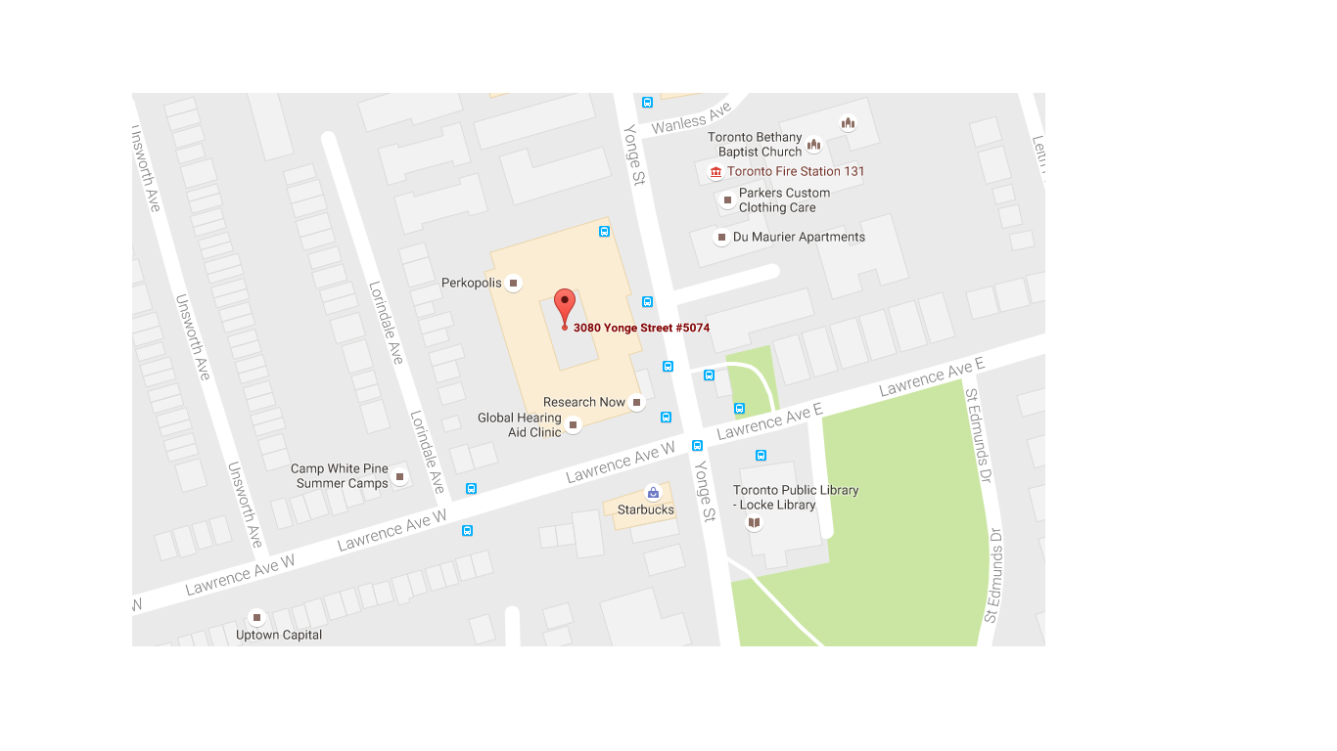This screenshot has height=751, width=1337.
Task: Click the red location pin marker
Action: [x=565, y=305]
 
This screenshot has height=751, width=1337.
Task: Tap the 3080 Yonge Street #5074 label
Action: [x=641, y=328]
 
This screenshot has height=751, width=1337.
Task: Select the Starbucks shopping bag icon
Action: [x=653, y=494]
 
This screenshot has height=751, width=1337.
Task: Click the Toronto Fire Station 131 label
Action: [x=796, y=171]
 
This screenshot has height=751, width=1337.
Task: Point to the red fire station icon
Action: [x=715, y=172]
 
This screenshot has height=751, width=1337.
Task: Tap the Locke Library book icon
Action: [x=754, y=523]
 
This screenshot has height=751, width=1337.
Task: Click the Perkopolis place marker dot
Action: [x=513, y=284]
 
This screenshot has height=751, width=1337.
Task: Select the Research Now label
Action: [x=584, y=402]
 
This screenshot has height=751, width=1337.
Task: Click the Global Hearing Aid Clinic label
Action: [x=520, y=424]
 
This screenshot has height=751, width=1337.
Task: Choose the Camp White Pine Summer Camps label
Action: [x=340, y=476]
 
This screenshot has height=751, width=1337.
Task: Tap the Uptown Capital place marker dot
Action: [x=256, y=618]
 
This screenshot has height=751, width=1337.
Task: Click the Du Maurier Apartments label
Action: [x=799, y=237]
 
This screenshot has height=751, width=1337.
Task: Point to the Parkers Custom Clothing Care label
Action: [x=784, y=200]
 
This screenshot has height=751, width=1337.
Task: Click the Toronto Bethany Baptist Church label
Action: [x=755, y=145]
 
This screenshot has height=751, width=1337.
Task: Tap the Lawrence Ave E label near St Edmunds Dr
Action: [x=931, y=378]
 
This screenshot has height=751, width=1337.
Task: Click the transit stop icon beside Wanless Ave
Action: [x=647, y=103]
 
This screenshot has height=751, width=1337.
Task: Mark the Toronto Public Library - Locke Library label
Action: [x=796, y=498]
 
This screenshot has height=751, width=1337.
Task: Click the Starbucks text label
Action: [x=645, y=509]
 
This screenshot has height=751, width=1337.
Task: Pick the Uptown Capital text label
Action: [x=279, y=635]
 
